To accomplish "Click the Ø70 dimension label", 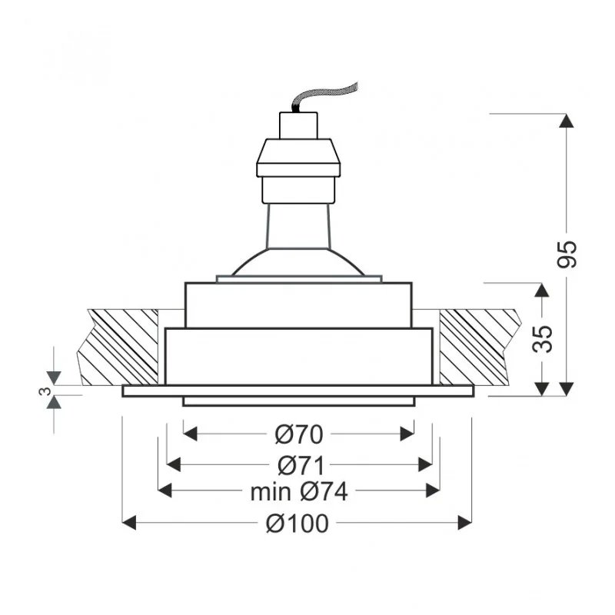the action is (x=299, y=434).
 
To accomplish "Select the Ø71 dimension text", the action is (x=301, y=466).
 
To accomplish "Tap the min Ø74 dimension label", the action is (x=299, y=491).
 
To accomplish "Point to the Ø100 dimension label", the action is (x=298, y=524).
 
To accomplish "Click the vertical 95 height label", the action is (x=567, y=254).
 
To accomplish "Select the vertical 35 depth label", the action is (x=543, y=339).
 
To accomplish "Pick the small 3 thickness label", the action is (x=45, y=391).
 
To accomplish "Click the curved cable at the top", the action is (x=324, y=97).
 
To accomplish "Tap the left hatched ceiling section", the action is (x=118, y=347).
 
